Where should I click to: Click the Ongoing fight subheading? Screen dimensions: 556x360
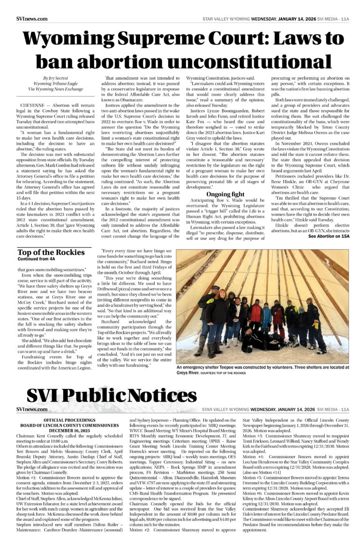coord(225,194)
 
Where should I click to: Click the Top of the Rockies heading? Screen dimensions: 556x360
coord(51,252)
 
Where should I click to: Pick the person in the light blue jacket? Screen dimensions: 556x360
coord(266,316)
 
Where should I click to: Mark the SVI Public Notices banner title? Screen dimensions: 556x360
coord(105,396)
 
